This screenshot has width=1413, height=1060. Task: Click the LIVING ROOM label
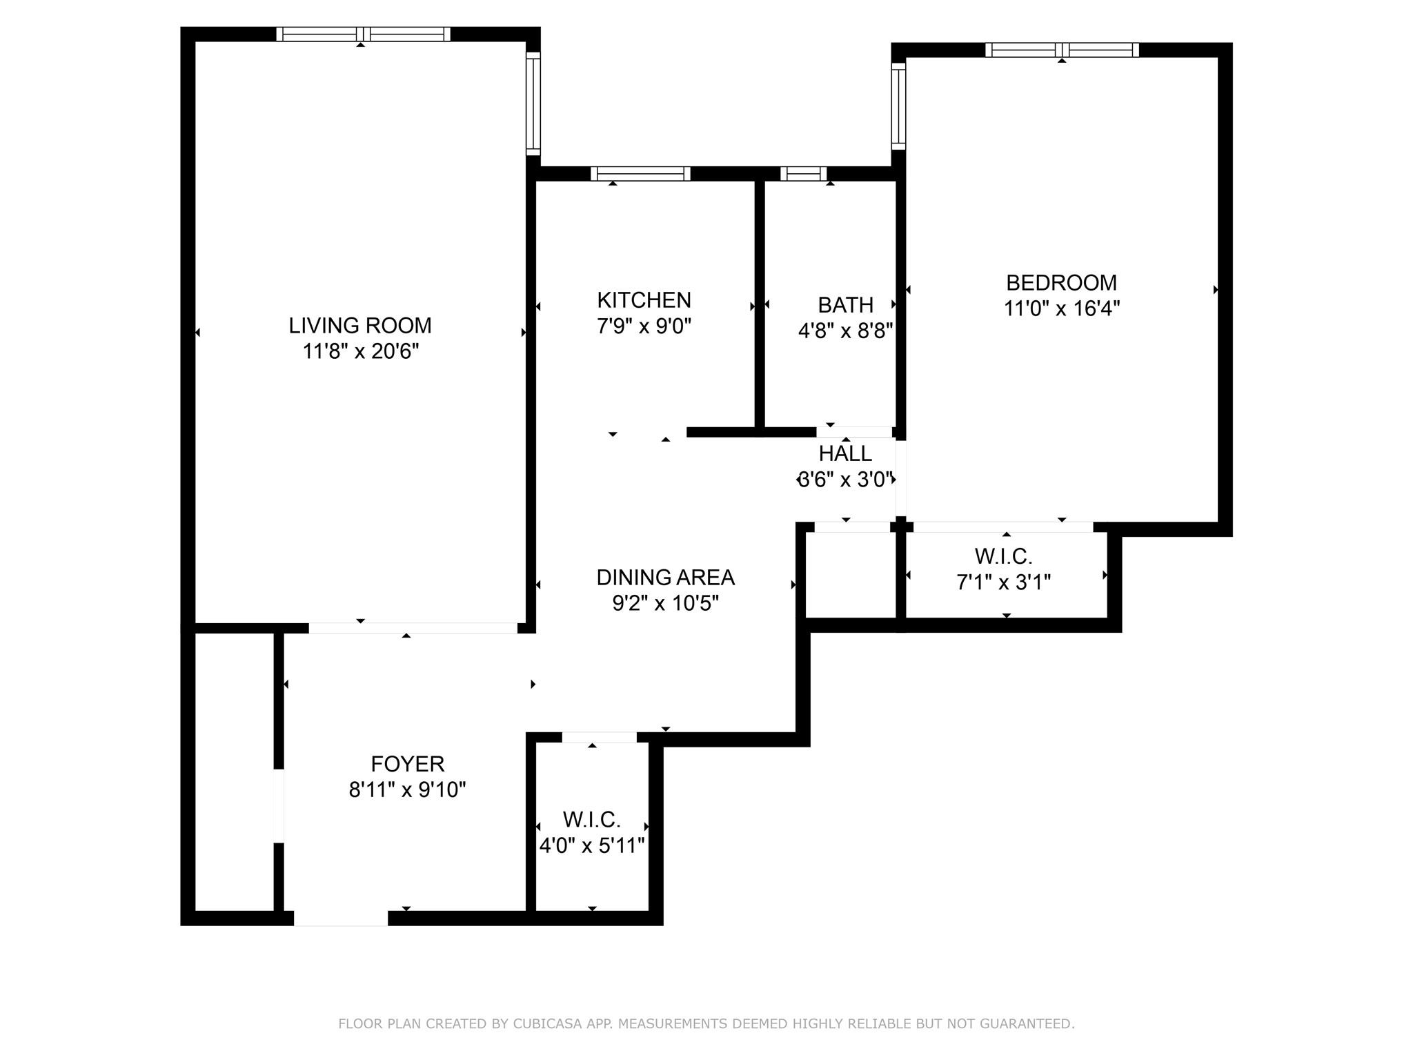tap(359, 325)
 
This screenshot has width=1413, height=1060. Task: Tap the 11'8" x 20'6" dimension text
tap(360, 351)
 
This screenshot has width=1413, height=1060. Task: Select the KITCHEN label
tap(643, 300)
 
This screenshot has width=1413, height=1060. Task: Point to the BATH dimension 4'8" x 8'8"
tap(845, 331)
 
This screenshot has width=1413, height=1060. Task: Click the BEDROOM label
tap(1060, 283)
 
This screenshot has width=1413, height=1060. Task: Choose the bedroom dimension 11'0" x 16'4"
tap(1060, 308)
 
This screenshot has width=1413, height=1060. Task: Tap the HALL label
tap(844, 453)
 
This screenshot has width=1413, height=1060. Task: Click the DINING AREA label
tap(664, 577)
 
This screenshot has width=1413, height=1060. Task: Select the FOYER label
tap(407, 763)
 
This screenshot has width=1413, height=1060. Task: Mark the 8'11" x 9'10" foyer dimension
tap(407, 789)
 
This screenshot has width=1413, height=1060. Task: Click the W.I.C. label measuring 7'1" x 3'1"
tap(1002, 556)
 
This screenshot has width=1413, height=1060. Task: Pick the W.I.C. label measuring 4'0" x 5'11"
tap(591, 820)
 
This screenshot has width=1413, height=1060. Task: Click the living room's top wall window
tap(363, 34)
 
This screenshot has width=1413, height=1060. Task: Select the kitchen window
tap(640, 173)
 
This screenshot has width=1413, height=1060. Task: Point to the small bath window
tap(802, 173)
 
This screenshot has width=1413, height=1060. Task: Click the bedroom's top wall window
tap(1061, 50)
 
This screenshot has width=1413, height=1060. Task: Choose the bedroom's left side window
tap(898, 106)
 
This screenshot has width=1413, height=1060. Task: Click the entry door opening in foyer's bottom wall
tap(341, 918)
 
